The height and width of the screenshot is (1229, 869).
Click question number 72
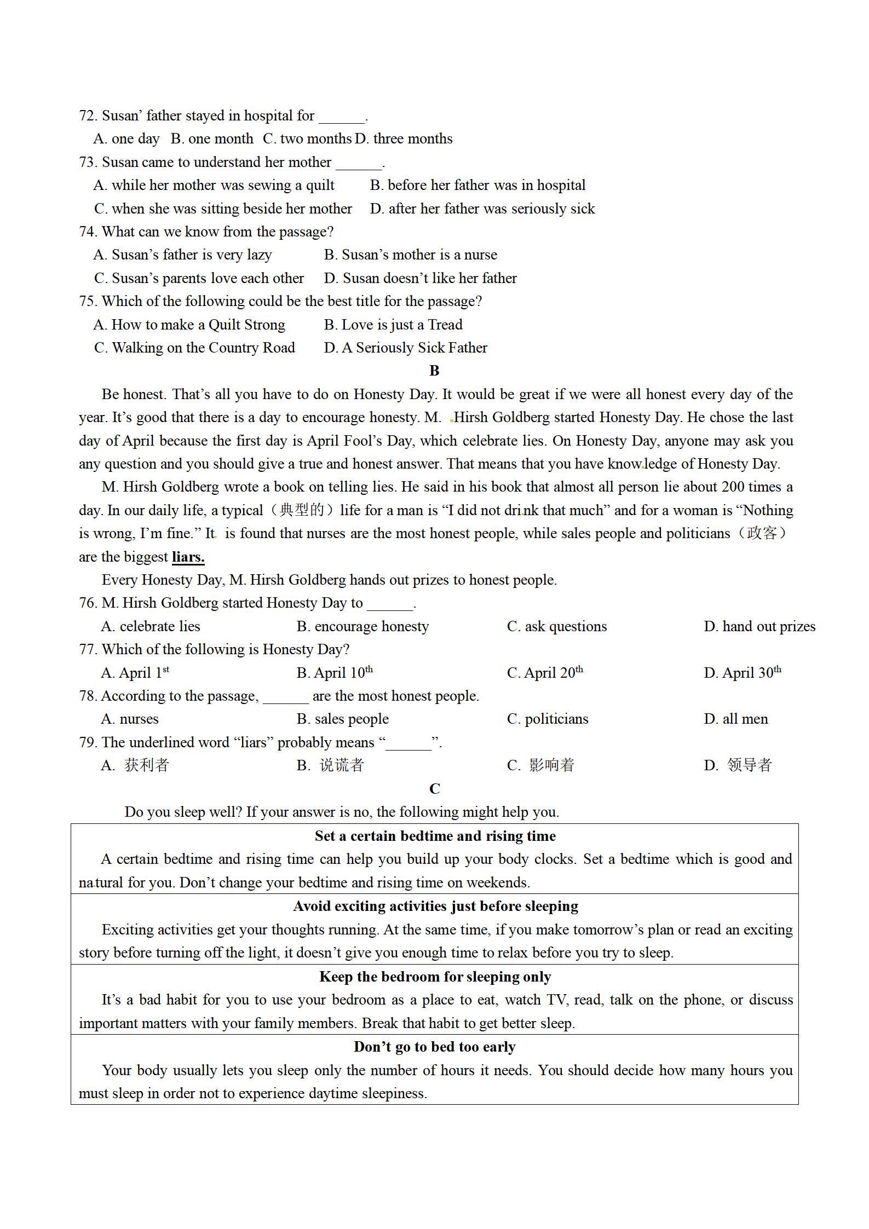click(x=88, y=116)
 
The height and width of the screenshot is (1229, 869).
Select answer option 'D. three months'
click(x=404, y=139)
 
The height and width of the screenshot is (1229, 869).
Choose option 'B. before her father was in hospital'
click(x=477, y=186)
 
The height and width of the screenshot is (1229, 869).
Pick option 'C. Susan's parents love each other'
click(x=199, y=279)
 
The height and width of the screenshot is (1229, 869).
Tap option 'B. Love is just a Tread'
click(x=393, y=325)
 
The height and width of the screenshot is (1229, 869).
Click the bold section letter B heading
click(x=434, y=371)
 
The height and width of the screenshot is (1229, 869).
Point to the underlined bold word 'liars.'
click(x=188, y=557)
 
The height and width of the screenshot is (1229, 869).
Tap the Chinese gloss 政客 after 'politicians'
click(x=762, y=533)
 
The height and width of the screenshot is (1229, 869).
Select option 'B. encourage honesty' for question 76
click(x=362, y=627)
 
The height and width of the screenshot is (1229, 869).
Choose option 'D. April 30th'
click(x=742, y=673)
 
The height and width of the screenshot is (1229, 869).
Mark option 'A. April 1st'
click(x=135, y=673)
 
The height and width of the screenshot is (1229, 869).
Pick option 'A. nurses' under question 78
click(x=130, y=719)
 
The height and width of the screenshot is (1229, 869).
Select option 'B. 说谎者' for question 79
click(x=330, y=765)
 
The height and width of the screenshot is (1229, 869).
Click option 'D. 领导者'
click(x=738, y=765)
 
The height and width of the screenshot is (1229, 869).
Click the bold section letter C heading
click(x=434, y=789)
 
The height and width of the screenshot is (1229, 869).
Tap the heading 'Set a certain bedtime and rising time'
click(x=435, y=836)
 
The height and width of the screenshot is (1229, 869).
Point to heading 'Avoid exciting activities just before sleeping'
click(x=435, y=906)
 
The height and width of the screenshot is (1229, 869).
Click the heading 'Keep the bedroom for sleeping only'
click(x=435, y=977)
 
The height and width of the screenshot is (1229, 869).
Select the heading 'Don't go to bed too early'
click(x=435, y=1047)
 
